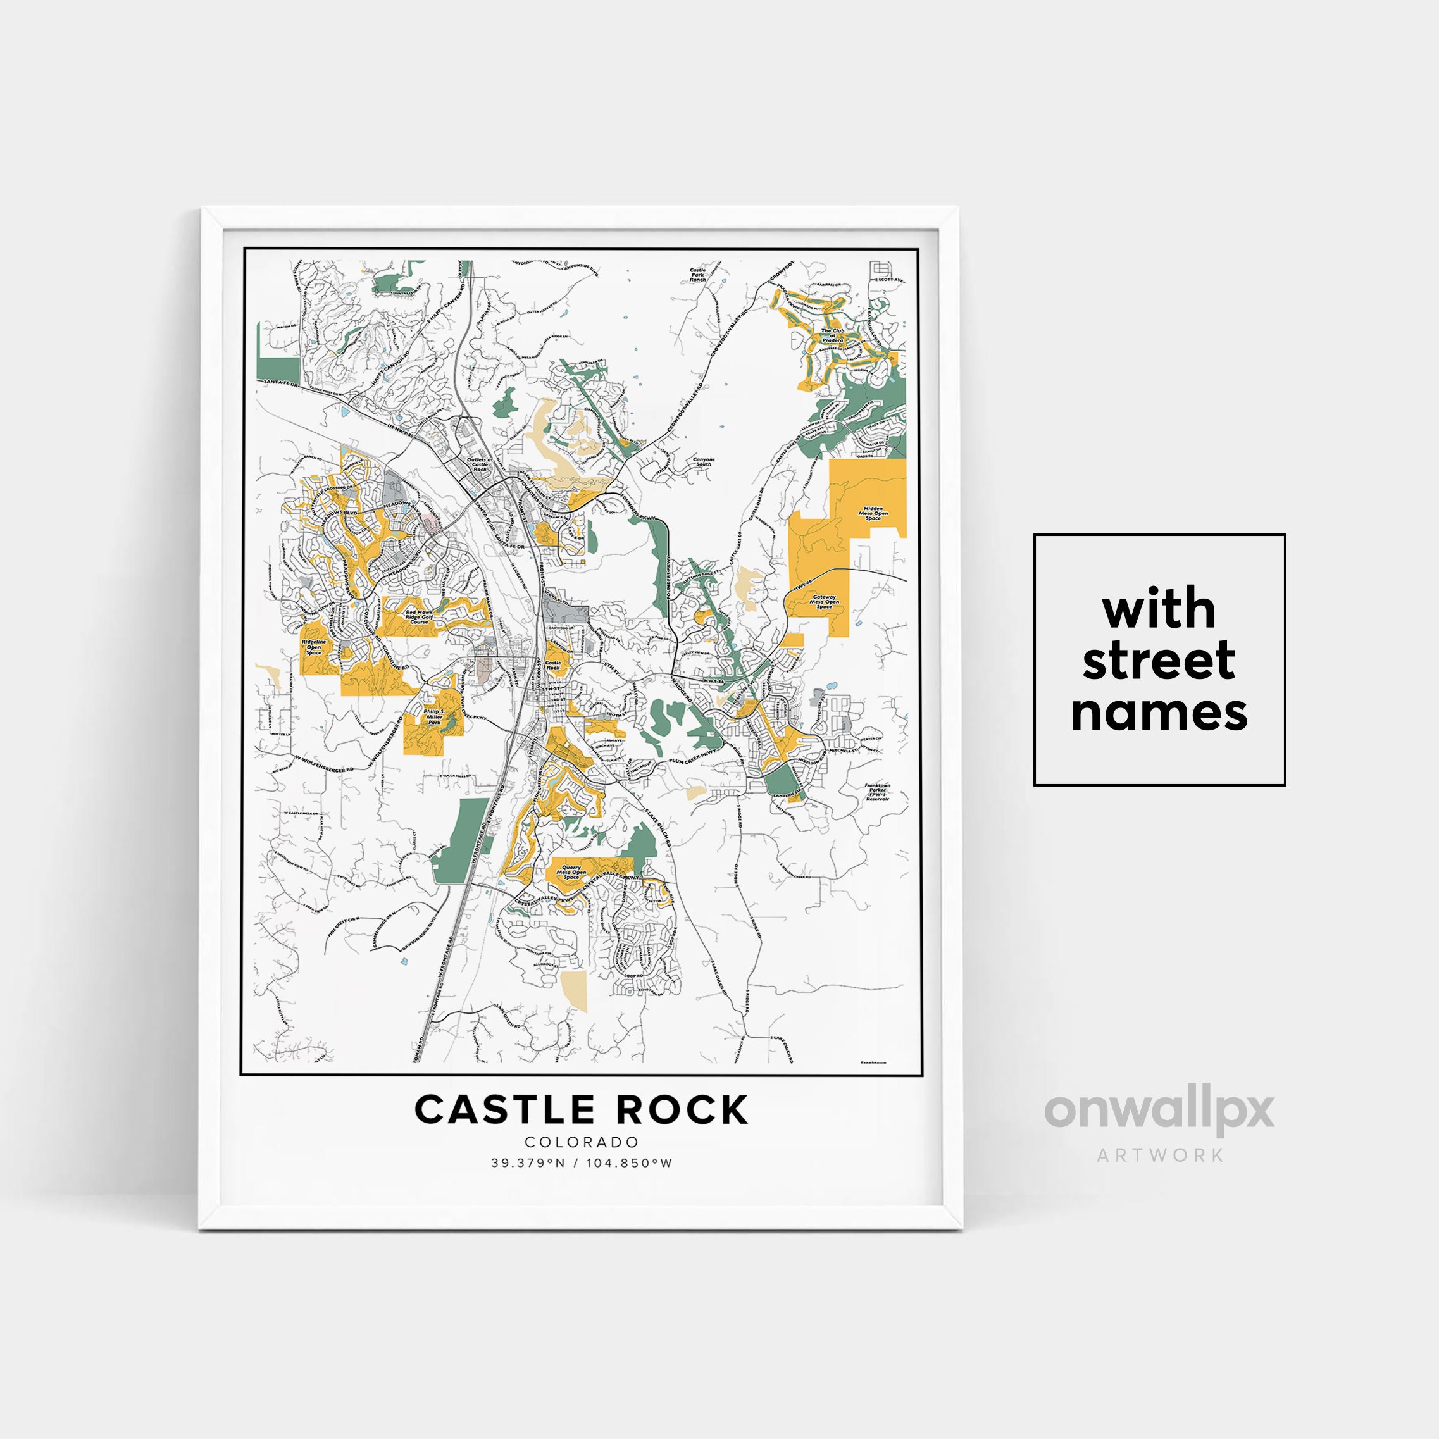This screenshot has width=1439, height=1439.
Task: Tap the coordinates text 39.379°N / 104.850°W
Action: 582,1162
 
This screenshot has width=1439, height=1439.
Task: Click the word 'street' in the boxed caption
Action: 1159,661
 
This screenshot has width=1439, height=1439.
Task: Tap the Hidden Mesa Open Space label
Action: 873,513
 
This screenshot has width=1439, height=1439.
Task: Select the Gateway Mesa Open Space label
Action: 825,602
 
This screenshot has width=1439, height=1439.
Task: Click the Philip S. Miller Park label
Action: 434,716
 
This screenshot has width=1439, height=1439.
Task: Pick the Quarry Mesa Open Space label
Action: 571,872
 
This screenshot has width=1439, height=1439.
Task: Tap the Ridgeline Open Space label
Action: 314,647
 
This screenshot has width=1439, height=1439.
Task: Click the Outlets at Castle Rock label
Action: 480,464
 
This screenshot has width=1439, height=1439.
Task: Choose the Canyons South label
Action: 704,462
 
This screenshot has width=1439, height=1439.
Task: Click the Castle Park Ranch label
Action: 697,274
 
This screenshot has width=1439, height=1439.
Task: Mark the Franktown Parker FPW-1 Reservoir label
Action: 878,792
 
